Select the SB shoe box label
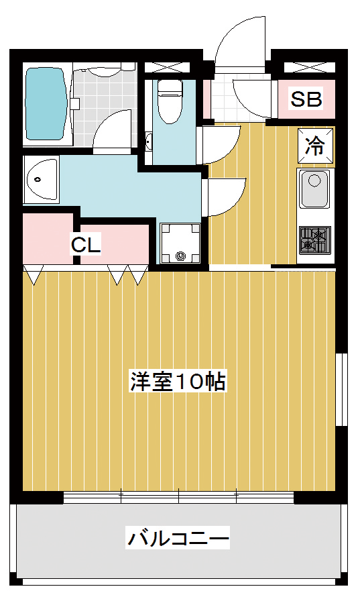pos(306,99)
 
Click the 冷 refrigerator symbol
pos(316,146)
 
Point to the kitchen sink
pos(314,189)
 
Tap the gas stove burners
pos(314,240)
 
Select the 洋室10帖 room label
pos(178,381)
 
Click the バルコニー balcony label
pos(178,539)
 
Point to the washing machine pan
pos(180,243)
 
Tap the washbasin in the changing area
pos(42,179)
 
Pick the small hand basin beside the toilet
pos(148,141)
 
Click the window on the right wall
pos(342,389)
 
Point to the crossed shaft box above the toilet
pos(167,67)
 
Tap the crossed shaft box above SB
pos(310,67)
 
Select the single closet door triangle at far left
pos(33,275)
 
